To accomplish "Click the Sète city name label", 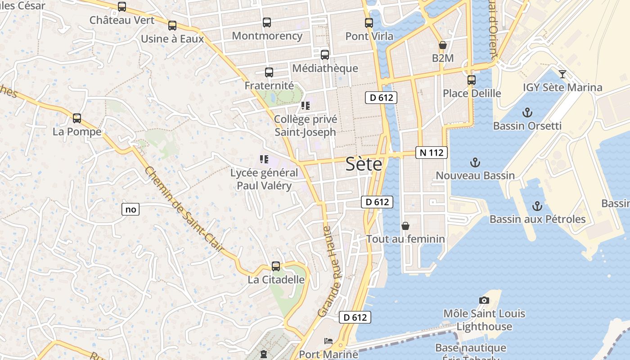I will [364, 164].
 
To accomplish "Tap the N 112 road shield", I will [431, 153].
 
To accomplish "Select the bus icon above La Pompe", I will [77, 118].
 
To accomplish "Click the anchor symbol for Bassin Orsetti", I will [527, 112].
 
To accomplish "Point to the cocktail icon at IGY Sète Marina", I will [562, 74].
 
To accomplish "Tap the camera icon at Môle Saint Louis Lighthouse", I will [484, 300].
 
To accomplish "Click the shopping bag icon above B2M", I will [442, 45].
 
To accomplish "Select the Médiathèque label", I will [325, 68].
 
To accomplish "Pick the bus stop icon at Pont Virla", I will [369, 23].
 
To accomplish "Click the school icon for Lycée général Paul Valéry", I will [264, 159].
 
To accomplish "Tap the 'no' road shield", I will [130, 209].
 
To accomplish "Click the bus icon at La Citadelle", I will [276, 266].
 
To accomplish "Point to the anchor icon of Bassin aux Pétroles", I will [537, 206].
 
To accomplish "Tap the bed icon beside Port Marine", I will [328, 341].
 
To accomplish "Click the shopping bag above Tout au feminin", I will [405, 226].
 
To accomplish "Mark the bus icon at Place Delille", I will [471, 80].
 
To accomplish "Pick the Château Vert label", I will [121, 20].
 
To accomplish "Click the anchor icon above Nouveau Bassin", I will [475, 162].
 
